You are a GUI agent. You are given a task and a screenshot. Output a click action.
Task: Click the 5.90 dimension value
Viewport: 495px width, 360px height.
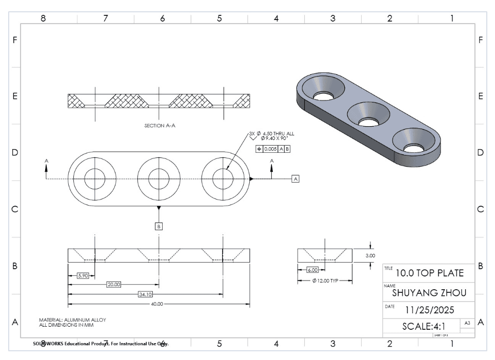pos(83,275)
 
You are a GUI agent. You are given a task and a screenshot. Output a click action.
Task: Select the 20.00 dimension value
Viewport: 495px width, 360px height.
pos(113,285)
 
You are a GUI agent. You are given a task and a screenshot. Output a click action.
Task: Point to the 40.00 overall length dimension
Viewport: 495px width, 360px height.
pos(156,304)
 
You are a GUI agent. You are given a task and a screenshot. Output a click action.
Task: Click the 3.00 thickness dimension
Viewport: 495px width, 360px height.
pos(370,255)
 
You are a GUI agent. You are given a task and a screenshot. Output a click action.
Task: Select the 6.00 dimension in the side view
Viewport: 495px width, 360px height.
pos(312,270)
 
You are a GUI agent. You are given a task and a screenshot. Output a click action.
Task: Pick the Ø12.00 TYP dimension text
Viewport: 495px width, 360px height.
pos(325,281)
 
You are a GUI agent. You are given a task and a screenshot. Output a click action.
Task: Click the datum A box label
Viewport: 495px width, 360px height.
pos(295,178)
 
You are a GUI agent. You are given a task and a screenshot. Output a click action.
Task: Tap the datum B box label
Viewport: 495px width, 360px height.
pos(159,226)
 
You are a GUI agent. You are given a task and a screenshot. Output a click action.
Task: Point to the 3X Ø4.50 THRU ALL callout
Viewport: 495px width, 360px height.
pos(272,133)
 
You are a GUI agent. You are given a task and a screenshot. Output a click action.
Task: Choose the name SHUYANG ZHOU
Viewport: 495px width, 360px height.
pos(429,293)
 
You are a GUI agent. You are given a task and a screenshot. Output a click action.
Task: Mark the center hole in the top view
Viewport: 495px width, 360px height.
pos(159,178)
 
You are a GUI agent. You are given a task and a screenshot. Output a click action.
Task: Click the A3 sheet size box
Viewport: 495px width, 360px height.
pos(466,323)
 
